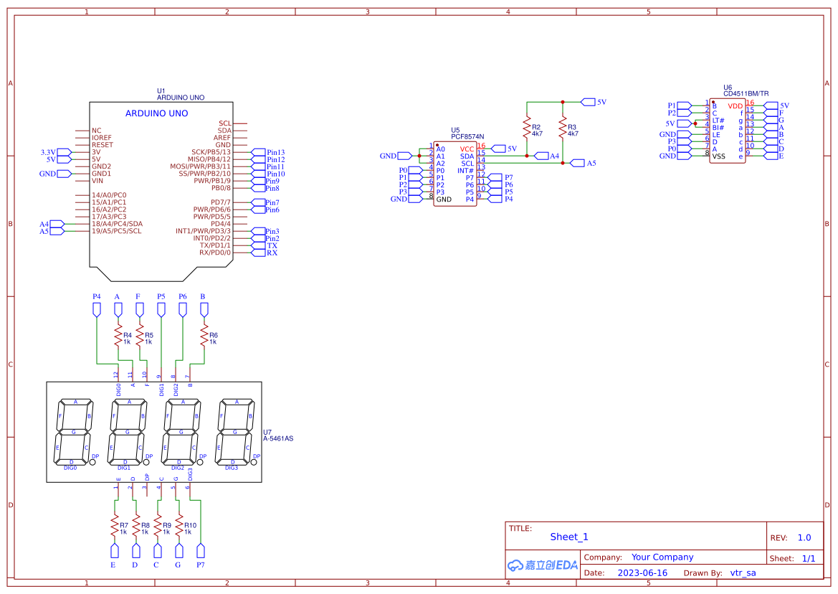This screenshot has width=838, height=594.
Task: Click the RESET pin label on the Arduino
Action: coord(102,145)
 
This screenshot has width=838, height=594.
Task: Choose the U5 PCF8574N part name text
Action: coord(467,136)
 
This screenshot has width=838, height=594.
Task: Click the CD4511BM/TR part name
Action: coord(746,94)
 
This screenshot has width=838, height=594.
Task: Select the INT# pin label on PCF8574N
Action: coord(465,171)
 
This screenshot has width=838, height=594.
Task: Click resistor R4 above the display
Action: coord(118,337)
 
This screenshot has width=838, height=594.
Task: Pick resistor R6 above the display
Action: coord(204,337)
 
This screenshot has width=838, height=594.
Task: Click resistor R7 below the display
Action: coord(113,528)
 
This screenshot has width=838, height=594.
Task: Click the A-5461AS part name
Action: coord(278,438)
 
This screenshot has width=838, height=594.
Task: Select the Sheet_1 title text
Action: coord(568,537)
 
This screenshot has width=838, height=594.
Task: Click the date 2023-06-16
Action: coord(642,573)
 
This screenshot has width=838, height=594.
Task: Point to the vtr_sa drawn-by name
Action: coord(743,573)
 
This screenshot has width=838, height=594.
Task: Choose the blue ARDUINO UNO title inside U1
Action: coord(156,113)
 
